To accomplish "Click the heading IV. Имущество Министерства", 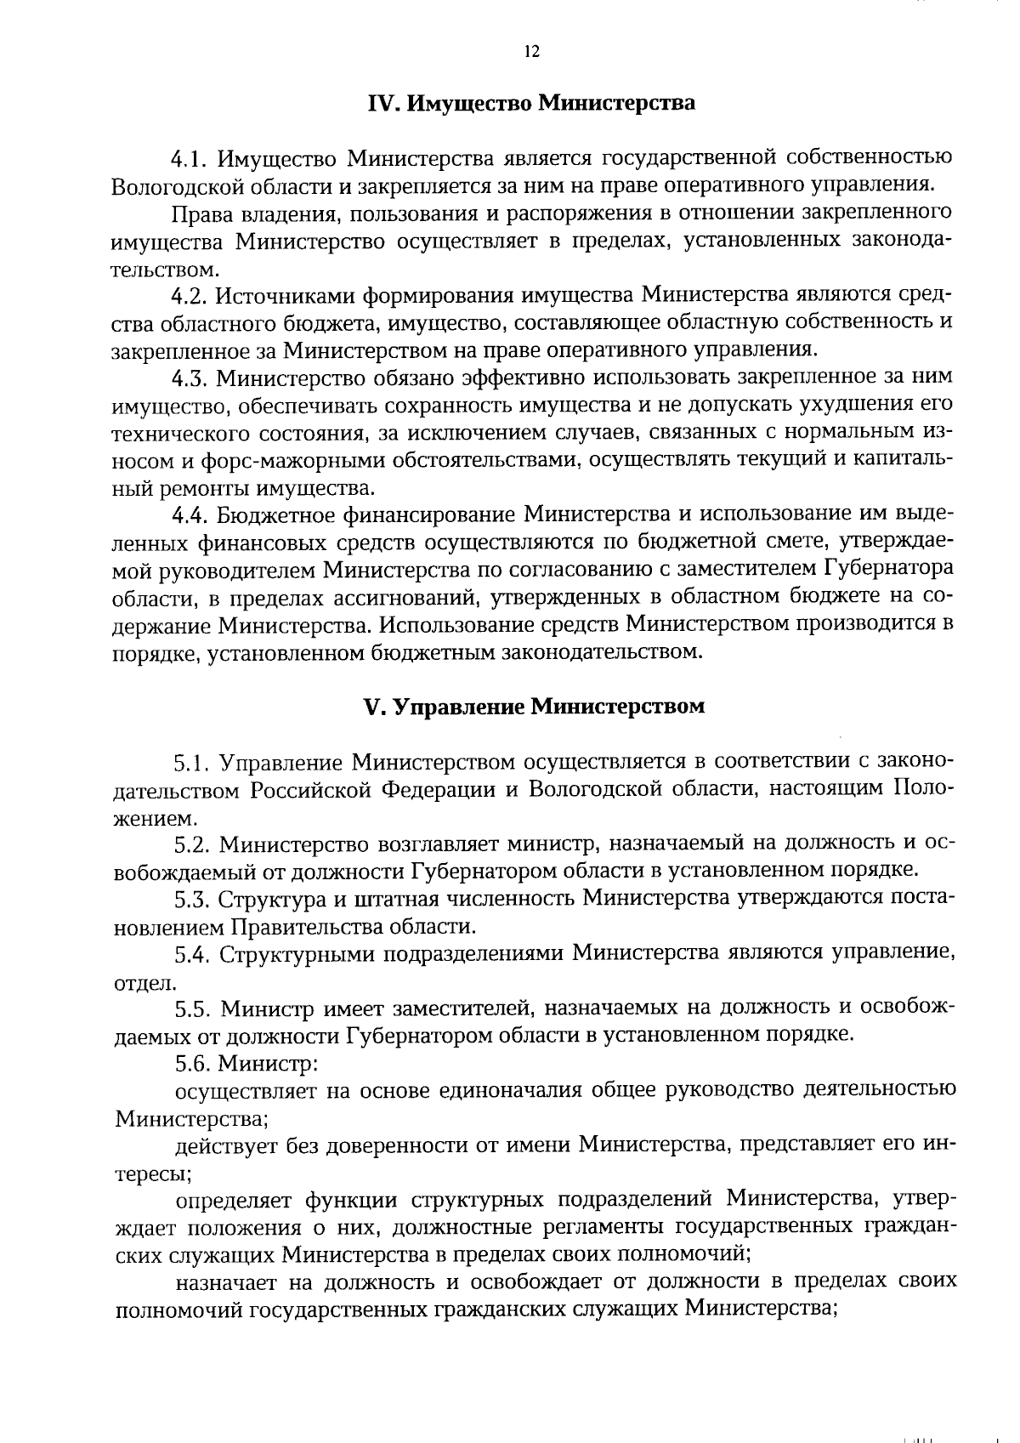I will (531, 104).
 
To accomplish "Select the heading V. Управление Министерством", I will (534, 707).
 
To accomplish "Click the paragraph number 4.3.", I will (190, 378).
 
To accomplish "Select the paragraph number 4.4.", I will (190, 515).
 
